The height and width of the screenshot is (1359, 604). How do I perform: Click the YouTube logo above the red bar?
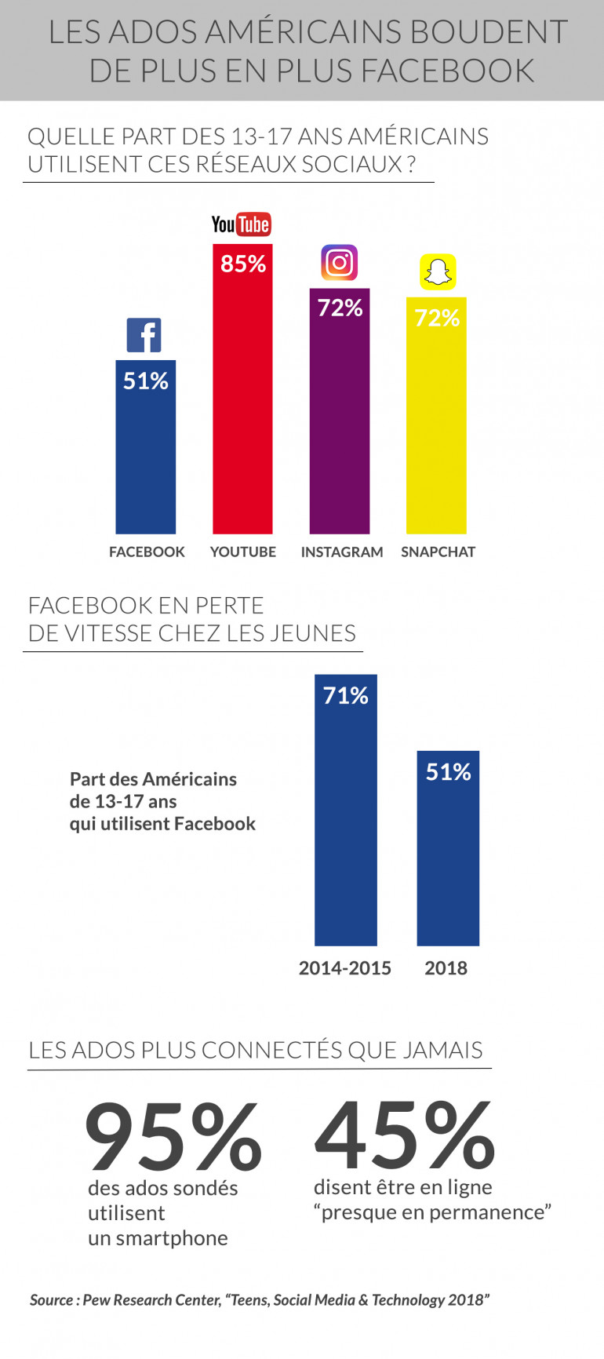point(241,224)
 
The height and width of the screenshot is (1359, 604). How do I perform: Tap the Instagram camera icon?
point(339,262)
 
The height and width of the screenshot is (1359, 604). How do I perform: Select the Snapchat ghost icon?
point(438,272)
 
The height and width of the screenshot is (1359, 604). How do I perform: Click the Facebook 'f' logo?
point(144,335)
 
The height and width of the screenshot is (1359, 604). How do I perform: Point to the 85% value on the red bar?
point(243,264)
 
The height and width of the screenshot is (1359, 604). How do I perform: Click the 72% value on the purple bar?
point(340,308)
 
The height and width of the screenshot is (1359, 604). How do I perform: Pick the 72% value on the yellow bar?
point(437,318)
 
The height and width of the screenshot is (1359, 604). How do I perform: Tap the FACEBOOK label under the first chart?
point(147,552)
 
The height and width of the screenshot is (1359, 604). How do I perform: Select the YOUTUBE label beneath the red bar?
point(243,552)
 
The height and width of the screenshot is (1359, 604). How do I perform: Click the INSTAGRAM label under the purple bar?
point(342,552)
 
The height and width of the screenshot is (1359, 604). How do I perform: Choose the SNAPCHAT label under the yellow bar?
point(438,552)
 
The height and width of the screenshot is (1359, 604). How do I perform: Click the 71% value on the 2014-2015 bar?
point(346,696)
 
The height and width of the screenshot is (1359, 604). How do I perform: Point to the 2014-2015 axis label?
point(344,968)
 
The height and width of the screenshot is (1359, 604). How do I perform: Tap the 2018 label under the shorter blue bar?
point(446,968)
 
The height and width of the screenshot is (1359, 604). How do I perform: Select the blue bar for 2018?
point(448,863)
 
